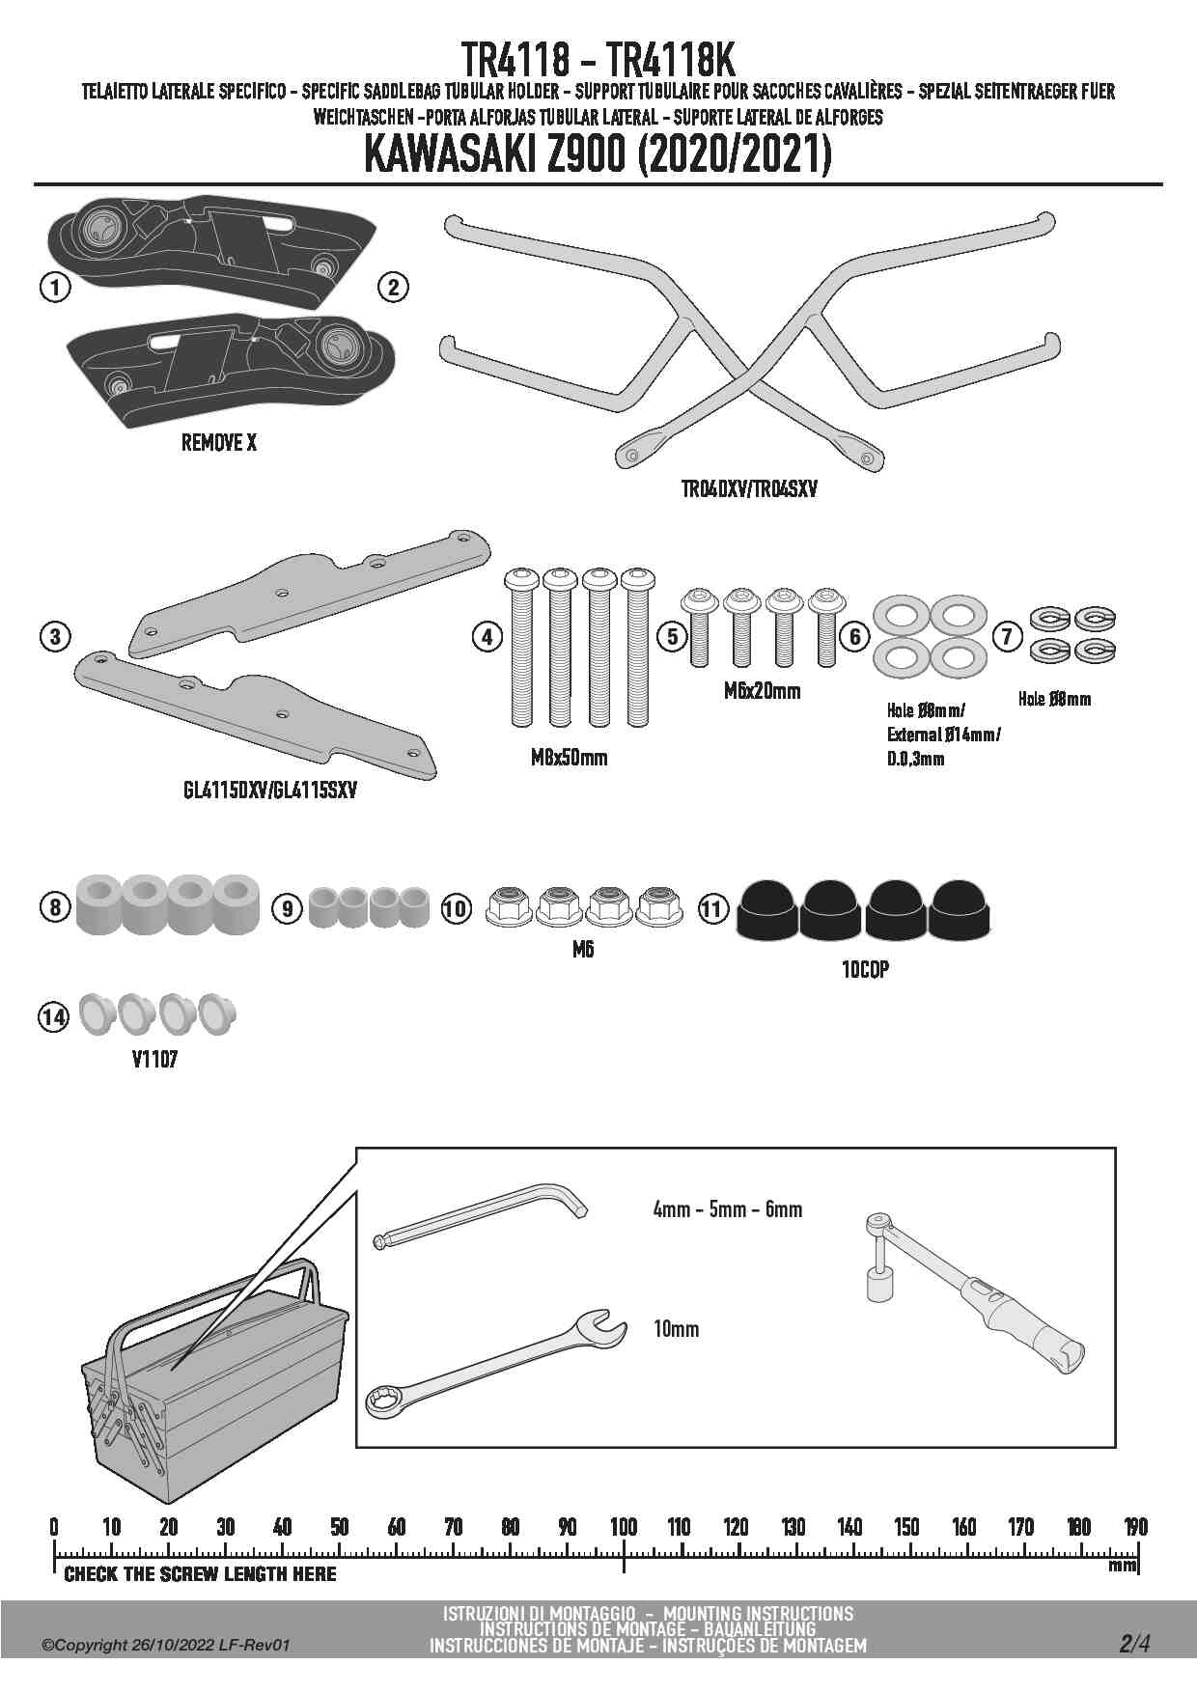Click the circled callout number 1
point(56,287)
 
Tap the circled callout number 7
point(1007,636)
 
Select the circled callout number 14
point(54,1016)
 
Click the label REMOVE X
point(219,443)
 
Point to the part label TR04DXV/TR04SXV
point(749,489)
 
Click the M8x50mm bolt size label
point(570,758)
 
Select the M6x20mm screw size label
point(762,692)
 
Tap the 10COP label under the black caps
point(865,970)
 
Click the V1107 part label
point(154,1060)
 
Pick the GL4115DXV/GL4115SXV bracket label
point(269,791)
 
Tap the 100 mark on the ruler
point(624,1527)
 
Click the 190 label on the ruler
point(1135,1527)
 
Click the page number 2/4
point(1134,1645)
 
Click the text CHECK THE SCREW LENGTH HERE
point(200,1574)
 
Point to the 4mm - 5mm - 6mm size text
point(728,1209)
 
